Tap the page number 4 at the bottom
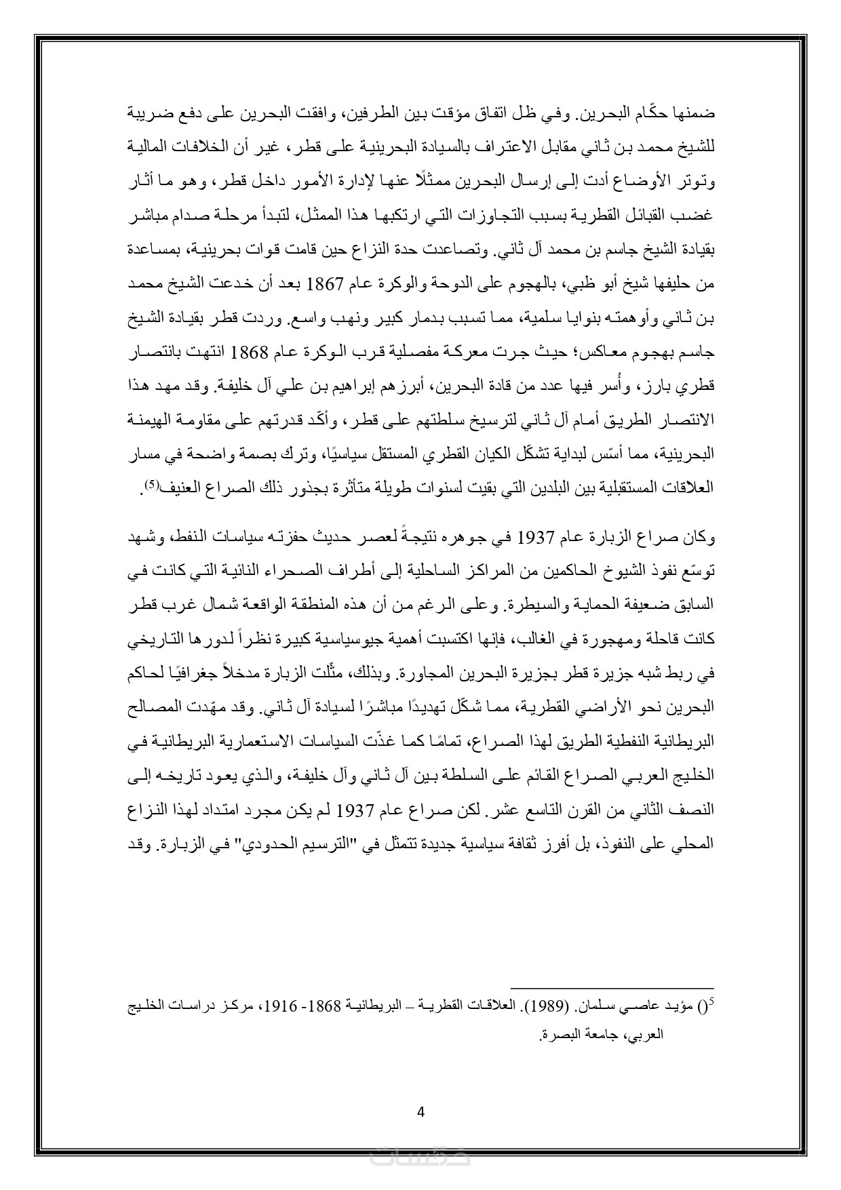point(420,1111)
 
